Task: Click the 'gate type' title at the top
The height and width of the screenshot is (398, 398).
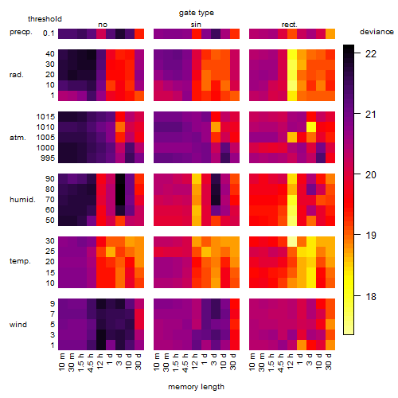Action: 197,13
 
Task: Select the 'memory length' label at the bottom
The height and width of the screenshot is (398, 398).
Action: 196,387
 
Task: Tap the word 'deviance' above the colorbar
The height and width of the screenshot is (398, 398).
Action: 377,32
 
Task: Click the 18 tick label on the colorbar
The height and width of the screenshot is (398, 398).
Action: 371,296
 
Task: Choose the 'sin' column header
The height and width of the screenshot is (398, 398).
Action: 196,25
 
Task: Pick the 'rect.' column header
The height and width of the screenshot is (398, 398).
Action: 290,25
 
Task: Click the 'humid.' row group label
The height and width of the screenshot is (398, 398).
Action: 22,200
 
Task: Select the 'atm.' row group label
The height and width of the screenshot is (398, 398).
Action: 18,138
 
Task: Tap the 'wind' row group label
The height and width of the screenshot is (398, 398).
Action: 18,325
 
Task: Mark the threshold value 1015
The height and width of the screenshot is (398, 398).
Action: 45,117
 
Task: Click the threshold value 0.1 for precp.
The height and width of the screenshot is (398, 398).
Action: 49,33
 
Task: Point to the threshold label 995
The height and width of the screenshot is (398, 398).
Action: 48,158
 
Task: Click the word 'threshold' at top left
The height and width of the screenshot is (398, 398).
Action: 45,19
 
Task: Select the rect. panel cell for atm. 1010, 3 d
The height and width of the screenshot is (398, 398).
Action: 311,127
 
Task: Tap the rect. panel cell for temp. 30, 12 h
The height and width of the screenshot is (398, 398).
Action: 292,241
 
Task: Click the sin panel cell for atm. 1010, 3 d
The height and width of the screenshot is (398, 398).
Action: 216,127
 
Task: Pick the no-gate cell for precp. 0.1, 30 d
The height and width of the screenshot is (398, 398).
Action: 139,33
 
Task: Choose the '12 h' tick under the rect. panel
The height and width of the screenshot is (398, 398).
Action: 291,361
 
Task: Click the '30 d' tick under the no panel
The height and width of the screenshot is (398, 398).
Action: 139,362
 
